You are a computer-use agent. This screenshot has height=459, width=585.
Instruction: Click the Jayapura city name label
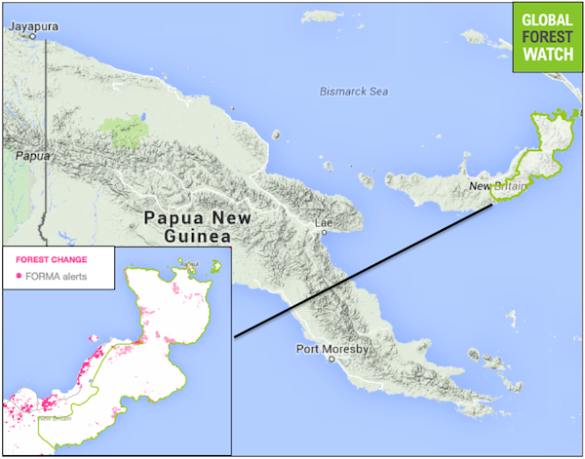29,26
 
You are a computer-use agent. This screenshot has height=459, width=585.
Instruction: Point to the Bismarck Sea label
354,92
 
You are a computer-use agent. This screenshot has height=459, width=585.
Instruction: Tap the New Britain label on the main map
492,186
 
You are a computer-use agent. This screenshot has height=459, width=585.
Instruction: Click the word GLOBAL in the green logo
546,21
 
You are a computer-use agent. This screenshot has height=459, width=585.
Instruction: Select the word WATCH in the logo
546,57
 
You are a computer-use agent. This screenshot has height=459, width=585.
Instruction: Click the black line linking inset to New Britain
361,269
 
